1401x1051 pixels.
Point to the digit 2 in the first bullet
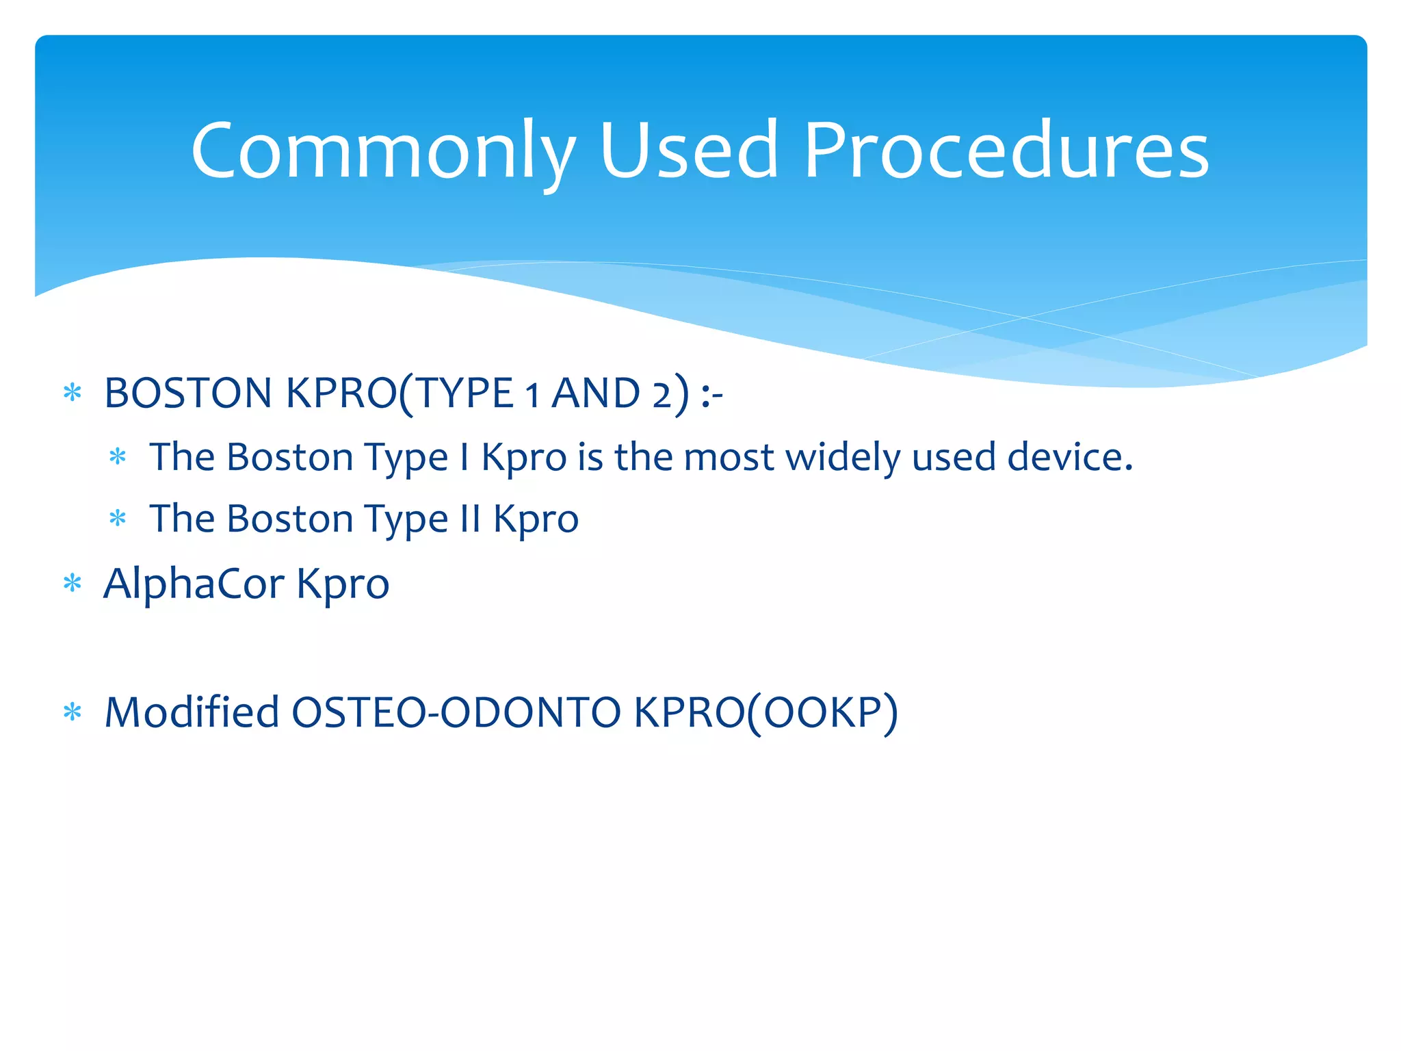pos(662,395)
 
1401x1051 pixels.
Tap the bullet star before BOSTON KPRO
pos(72,393)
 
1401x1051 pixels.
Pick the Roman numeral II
pos(470,519)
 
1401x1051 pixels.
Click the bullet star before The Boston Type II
pos(118,519)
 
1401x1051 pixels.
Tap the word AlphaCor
pos(194,584)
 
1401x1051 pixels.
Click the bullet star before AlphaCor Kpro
pos(72,584)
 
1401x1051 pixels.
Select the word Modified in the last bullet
pos(192,712)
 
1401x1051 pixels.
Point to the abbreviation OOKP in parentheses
pos(822,712)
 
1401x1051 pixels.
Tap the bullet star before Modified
pos(72,712)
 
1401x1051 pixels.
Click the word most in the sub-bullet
pos(729,457)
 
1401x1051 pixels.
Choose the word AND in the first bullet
pos(596,393)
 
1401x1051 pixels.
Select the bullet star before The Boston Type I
pos(118,457)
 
